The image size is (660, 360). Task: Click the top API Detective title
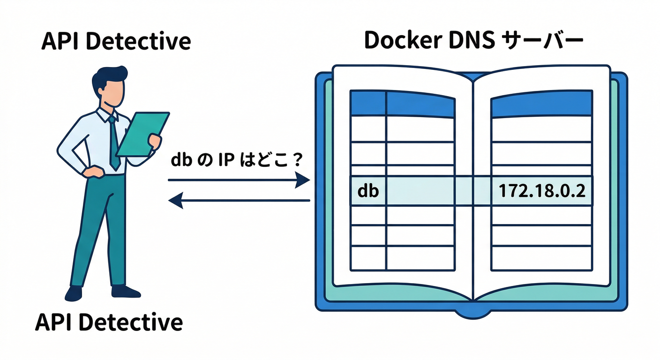pyautogui.click(x=116, y=41)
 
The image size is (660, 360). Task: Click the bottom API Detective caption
pyautogui.click(x=109, y=322)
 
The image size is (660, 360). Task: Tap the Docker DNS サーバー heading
pyautogui.click(x=473, y=41)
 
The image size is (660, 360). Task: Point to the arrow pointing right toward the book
pyautogui.click(x=239, y=180)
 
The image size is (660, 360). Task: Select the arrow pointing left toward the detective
pyautogui.click(x=239, y=201)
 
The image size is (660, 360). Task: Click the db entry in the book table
pyautogui.click(x=367, y=191)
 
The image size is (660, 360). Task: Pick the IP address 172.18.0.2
pyautogui.click(x=542, y=191)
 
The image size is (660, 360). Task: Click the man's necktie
pyautogui.click(x=113, y=143)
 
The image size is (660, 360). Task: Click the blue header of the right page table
pyautogui.click(x=541, y=104)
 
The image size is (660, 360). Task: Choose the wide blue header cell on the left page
pyautogui.click(x=420, y=104)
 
